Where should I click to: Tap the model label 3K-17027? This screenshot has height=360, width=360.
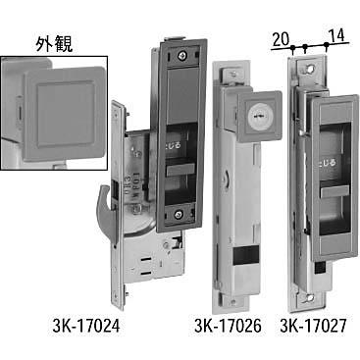coord(318,324)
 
